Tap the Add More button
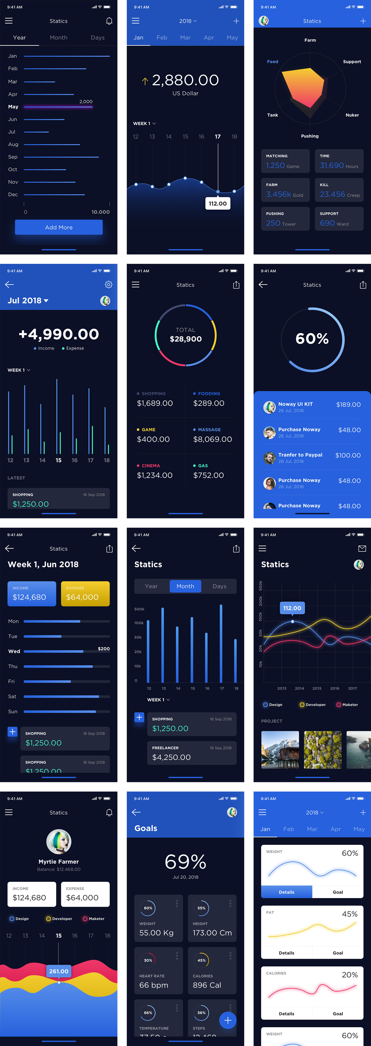59,227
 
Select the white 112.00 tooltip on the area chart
218,203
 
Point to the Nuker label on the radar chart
352,115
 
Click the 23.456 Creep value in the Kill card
339,195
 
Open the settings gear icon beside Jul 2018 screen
108,285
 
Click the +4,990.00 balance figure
59,334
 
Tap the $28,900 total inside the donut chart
186,339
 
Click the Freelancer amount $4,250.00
171,757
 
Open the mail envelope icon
362,549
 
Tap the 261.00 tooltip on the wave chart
59,971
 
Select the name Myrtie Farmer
59,862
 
